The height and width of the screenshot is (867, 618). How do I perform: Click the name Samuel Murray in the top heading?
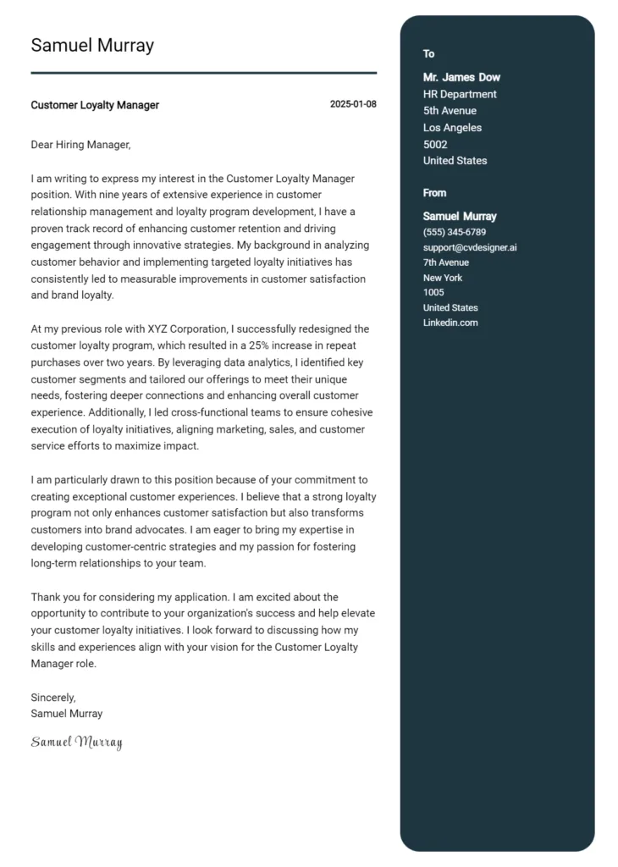click(x=92, y=46)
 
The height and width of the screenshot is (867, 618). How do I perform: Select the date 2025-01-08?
click(x=353, y=104)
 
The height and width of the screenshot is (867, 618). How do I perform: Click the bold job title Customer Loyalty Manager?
click(x=95, y=105)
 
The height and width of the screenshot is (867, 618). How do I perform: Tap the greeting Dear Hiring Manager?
click(x=80, y=145)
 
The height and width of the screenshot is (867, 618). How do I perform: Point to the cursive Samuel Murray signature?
click(x=77, y=743)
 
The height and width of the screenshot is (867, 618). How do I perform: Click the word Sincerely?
click(x=53, y=698)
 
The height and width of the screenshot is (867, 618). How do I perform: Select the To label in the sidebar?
click(x=429, y=54)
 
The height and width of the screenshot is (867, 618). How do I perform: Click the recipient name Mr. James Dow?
click(x=461, y=77)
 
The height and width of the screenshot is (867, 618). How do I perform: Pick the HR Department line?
click(x=460, y=94)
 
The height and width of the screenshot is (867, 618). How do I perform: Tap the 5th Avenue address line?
click(x=450, y=111)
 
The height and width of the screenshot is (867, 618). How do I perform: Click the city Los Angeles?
click(x=452, y=128)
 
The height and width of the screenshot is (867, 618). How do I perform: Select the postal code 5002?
click(x=435, y=145)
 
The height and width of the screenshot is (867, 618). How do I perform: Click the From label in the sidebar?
click(x=434, y=193)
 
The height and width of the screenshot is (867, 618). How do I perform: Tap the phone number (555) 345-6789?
click(x=455, y=232)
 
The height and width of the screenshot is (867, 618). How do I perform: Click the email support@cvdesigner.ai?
click(x=470, y=247)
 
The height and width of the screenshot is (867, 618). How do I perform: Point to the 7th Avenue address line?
click(x=446, y=262)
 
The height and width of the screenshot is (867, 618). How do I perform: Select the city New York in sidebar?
click(x=443, y=278)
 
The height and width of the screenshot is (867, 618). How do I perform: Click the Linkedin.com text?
click(x=450, y=323)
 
